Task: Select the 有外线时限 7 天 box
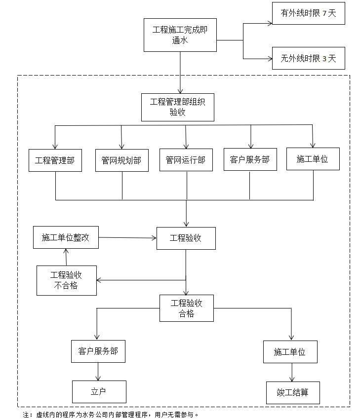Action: click(308, 13)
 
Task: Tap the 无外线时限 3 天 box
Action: click(308, 58)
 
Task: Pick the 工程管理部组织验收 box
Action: click(177, 107)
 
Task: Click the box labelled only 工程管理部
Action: click(55, 160)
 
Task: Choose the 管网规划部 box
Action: click(121, 160)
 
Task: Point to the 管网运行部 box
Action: click(186, 160)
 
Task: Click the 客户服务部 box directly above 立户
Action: click(98, 351)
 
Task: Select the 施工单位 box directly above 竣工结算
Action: click(289, 352)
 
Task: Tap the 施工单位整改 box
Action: click(66, 237)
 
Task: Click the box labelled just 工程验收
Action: click(186, 238)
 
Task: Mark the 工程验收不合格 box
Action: click(67, 280)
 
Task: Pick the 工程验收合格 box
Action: click(186, 308)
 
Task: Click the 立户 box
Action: click(99, 392)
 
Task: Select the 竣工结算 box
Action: click(292, 393)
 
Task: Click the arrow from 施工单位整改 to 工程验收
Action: click(127, 238)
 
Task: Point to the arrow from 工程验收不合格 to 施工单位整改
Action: click(66, 257)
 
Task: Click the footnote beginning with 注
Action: click(111, 414)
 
